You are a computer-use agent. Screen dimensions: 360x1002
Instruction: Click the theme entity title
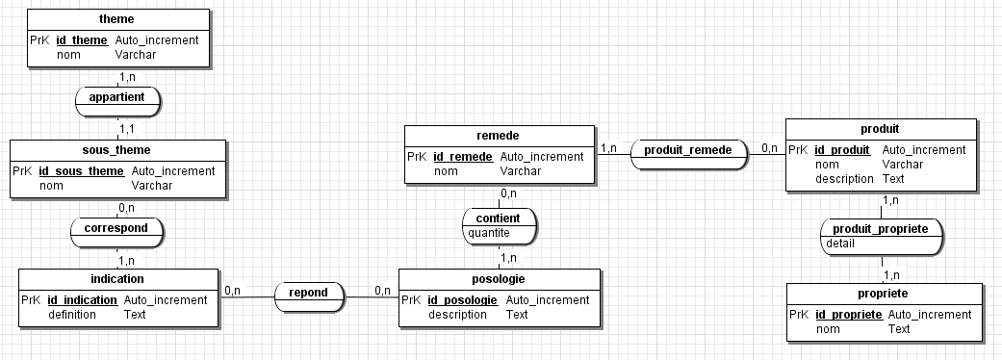click(116, 18)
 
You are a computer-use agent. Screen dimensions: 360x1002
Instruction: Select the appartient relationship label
click(116, 97)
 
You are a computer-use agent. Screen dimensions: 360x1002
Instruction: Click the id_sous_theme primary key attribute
click(88, 171)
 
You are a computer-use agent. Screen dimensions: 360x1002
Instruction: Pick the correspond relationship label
click(116, 229)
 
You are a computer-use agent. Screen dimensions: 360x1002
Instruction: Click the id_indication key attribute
click(82, 299)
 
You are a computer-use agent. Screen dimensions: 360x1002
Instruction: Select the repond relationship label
click(309, 292)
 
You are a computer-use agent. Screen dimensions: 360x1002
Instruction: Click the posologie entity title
click(499, 279)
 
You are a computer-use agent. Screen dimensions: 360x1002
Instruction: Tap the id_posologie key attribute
click(462, 299)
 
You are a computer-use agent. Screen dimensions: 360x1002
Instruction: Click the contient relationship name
click(500, 218)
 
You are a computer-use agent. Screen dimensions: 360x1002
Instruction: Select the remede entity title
click(500, 136)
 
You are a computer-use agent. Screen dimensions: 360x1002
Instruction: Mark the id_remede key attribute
click(463, 156)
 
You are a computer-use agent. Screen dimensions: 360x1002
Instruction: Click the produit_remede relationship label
click(688, 149)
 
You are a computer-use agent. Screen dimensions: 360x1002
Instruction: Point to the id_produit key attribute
click(842, 149)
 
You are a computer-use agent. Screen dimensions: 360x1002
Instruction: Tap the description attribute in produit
click(845, 178)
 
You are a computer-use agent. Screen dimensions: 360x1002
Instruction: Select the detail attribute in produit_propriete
click(841, 244)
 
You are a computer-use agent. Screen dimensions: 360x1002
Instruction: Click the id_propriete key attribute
click(848, 314)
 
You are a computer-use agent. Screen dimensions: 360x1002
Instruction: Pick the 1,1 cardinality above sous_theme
click(126, 127)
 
